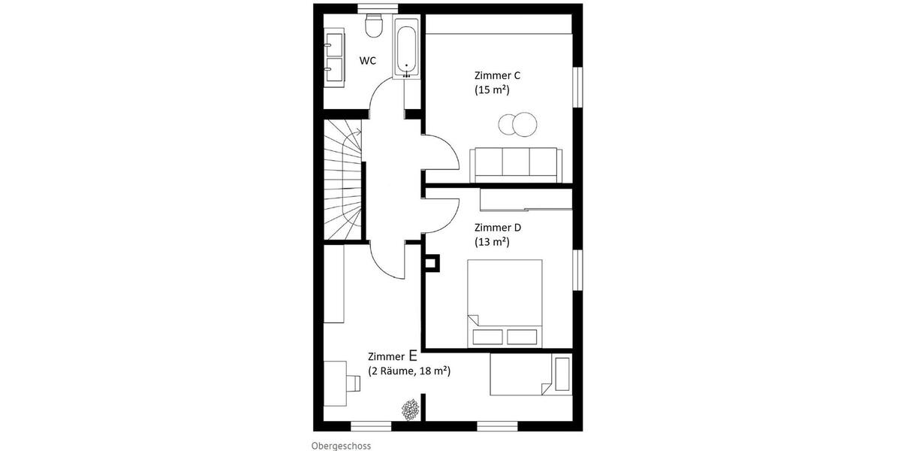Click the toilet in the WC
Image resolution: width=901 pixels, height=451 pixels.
[373, 26]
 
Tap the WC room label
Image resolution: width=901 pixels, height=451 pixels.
[368, 61]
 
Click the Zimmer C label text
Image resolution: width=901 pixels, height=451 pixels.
[497, 75]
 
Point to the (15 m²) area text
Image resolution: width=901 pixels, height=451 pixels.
[492, 89]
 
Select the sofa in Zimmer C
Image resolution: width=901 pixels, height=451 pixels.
[516, 165]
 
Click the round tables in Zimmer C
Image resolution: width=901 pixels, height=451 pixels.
[517, 124]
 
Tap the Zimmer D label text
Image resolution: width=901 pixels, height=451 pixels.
[498, 228]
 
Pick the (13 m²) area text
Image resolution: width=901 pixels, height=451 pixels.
[492, 242]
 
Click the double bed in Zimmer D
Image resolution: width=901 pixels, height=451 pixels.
[505, 304]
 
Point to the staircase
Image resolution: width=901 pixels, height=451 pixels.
[343, 180]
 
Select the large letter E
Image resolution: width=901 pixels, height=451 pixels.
[413, 355]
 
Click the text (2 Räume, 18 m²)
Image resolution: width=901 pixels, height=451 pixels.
[409, 371]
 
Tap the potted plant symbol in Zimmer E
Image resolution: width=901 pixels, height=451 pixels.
[410, 410]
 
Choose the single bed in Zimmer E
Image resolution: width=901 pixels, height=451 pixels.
[531, 374]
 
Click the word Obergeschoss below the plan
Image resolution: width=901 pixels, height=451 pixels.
[341, 446]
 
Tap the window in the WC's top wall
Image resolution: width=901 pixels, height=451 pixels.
[378, 8]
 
